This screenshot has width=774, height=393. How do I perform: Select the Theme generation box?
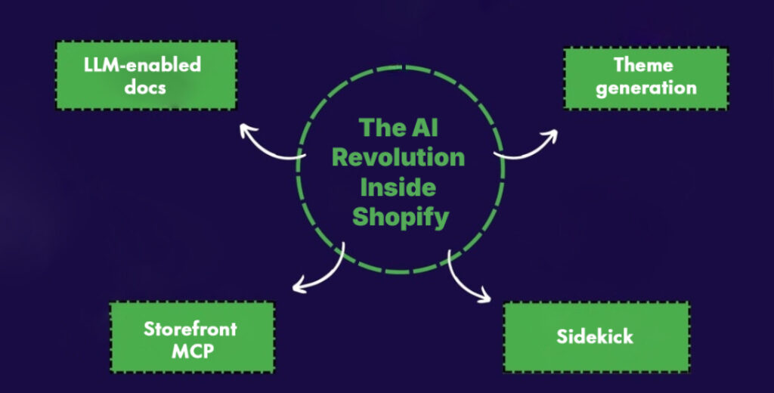point(646,76)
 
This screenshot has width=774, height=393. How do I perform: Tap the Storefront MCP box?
point(191,338)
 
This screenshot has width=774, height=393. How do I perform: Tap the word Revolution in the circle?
point(398,157)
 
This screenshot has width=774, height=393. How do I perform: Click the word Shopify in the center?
point(401,218)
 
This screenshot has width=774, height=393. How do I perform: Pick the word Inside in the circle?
point(398,187)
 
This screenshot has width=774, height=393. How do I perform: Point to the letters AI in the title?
point(423,126)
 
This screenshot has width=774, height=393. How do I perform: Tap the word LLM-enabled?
point(143,64)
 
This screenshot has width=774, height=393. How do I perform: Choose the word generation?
point(646,88)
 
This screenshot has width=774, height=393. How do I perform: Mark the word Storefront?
point(190,329)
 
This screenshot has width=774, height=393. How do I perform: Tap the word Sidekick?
point(596,336)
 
